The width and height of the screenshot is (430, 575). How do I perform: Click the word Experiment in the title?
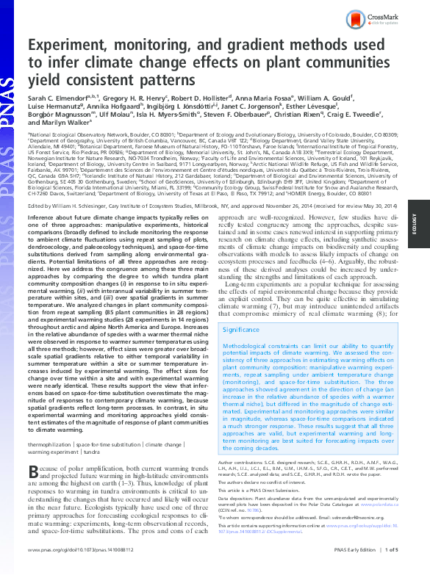[71, 46]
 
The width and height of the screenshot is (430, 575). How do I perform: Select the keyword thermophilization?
[50, 445]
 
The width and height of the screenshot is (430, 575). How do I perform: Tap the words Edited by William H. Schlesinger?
[74, 187]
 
